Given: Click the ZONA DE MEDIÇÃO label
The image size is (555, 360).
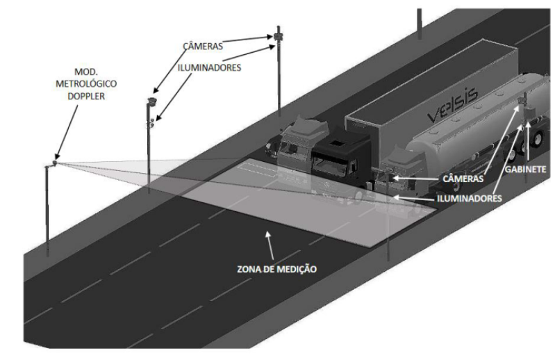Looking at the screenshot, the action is tap(276, 269).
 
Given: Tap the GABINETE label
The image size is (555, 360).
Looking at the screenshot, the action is tap(525, 169).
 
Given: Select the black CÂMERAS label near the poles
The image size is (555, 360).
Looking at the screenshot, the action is tap(203, 46).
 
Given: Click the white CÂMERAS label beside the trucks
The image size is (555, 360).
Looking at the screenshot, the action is tap(463, 179).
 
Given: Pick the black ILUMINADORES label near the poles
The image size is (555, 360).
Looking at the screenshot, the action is tap(210, 67).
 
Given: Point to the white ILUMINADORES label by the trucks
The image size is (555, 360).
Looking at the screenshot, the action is tap(470, 198).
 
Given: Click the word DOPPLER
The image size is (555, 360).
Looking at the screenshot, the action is tap(86, 96).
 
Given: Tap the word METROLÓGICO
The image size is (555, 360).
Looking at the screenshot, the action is tap(86, 84).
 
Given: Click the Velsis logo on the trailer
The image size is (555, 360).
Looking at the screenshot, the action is tap(452, 106).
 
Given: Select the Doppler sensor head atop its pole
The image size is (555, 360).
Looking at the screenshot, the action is tap(54, 163).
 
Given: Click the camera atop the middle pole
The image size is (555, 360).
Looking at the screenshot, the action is tap(152, 101).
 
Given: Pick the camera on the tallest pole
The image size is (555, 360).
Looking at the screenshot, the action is tap(278, 36).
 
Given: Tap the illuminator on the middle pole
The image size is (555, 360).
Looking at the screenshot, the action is tap(151, 123).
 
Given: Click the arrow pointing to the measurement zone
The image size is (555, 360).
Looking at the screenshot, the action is tap(270, 245).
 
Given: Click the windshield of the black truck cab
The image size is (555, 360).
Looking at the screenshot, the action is tap(329, 165).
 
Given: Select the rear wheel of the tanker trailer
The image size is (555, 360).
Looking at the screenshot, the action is tap(535, 138).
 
